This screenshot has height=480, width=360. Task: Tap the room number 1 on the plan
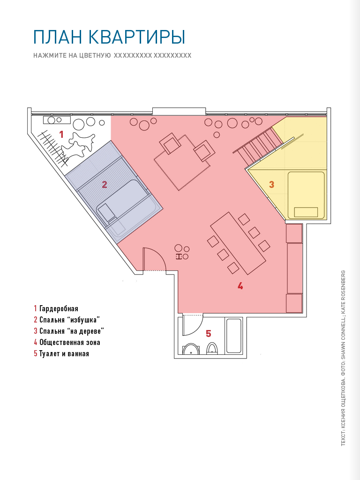(61, 135)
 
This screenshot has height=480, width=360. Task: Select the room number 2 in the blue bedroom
(105, 185)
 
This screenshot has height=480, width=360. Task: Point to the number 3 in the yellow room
(271, 185)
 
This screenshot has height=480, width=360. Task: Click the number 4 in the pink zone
(240, 286)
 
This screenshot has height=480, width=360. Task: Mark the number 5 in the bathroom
(209, 333)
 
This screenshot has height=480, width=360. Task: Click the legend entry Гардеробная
(59, 308)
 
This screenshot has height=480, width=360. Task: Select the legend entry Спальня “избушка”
(70, 320)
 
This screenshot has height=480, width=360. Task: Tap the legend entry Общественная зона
(70, 342)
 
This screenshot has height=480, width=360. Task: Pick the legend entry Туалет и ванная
(64, 353)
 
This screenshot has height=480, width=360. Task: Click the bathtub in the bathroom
(234, 336)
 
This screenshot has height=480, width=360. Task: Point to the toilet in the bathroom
(212, 348)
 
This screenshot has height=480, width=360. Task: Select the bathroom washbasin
(191, 349)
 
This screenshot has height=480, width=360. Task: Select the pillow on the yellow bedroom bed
(306, 212)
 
